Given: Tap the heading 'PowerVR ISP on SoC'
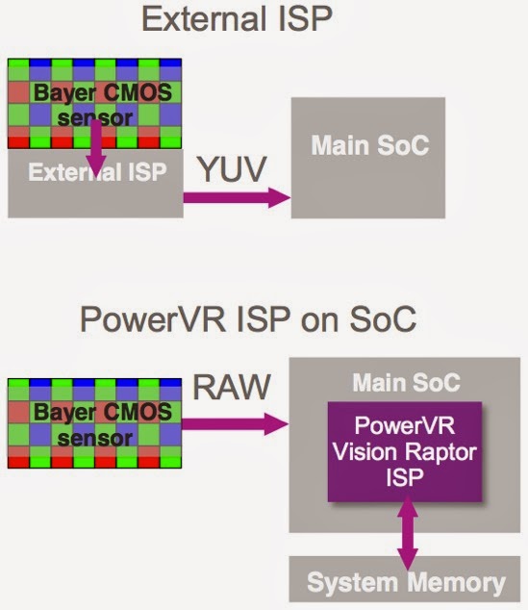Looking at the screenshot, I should [263, 318].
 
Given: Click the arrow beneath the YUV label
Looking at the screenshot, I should [236, 198].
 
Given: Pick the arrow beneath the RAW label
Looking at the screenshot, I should [236, 422].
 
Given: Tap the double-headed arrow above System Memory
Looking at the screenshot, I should [405, 537].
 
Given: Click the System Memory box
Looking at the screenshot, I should [405, 582].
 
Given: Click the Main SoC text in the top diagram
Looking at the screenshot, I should [369, 147].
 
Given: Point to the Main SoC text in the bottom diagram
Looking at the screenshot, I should [405, 383].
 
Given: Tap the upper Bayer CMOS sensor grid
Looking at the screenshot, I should [94, 104].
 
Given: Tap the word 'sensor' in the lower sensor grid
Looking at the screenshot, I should [93, 440].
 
